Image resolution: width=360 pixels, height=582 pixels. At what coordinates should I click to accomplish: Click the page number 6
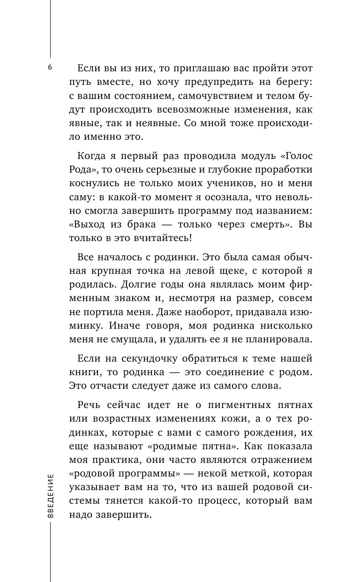click(50, 67)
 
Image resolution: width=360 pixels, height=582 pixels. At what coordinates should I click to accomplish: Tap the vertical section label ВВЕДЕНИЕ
click(51, 495)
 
